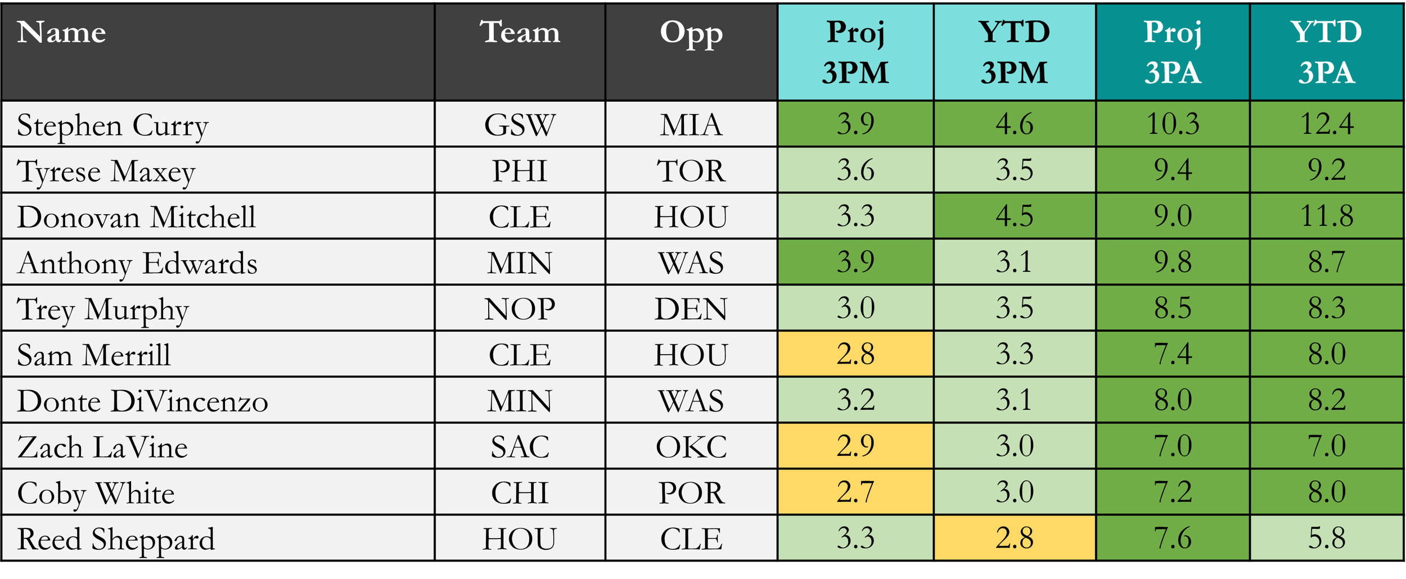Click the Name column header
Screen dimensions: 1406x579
(x=218, y=52)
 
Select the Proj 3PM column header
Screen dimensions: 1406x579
(x=855, y=52)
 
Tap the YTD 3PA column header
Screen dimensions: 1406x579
(x=1326, y=52)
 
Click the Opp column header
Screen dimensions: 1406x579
(x=691, y=52)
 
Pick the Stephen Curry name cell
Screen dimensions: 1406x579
(x=218, y=124)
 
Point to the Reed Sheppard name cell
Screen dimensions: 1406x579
(x=218, y=539)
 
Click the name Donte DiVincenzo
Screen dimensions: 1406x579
(x=143, y=401)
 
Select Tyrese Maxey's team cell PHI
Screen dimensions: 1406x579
(x=520, y=170)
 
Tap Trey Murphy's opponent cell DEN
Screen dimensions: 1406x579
(x=691, y=309)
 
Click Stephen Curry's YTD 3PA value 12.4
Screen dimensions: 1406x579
(x=1327, y=124)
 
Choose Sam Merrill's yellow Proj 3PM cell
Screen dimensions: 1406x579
(x=855, y=354)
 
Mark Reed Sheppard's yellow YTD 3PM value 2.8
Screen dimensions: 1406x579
(x=1015, y=539)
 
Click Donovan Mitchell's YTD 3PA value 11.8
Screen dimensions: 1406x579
(x=1327, y=216)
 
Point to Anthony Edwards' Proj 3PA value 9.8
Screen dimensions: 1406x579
(x=1173, y=263)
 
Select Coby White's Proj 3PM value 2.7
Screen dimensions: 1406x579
(x=855, y=492)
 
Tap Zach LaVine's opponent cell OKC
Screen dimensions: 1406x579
(x=691, y=446)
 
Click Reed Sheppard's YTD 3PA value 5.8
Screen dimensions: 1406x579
(x=1327, y=539)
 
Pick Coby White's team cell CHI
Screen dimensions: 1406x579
(x=520, y=492)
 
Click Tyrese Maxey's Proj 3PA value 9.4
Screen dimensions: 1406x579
(x=1173, y=170)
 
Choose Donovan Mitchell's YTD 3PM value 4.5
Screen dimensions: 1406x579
(x=1015, y=216)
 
